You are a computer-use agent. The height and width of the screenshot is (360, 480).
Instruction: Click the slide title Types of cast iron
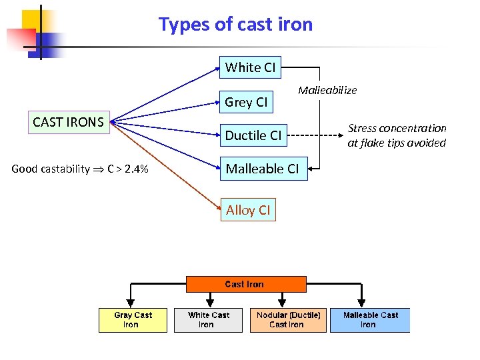(235, 25)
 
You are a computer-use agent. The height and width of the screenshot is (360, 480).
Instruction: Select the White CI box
(250, 67)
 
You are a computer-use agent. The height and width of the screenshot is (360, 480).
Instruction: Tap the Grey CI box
(246, 102)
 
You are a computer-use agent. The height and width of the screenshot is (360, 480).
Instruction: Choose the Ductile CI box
(253, 135)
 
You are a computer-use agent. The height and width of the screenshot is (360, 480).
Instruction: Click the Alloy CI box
(248, 210)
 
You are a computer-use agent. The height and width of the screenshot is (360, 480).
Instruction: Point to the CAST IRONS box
(69, 122)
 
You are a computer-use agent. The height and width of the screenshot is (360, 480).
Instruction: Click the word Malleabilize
(327, 90)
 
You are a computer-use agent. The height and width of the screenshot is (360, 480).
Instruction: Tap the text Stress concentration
(397, 128)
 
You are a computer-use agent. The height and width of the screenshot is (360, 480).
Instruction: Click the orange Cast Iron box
(245, 284)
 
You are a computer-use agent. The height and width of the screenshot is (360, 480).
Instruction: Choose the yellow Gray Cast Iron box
(133, 320)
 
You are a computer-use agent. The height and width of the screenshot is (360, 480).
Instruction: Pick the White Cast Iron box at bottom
(208, 320)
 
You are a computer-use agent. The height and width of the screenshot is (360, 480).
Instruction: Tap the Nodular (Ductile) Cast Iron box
(289, 320)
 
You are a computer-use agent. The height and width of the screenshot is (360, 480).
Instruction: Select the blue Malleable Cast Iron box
(370, 320)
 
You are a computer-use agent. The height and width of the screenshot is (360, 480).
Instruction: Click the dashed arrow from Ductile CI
(313, 135)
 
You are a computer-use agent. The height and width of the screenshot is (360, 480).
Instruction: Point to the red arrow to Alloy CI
(167, 167)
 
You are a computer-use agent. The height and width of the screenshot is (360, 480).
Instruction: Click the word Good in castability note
(25, 169)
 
